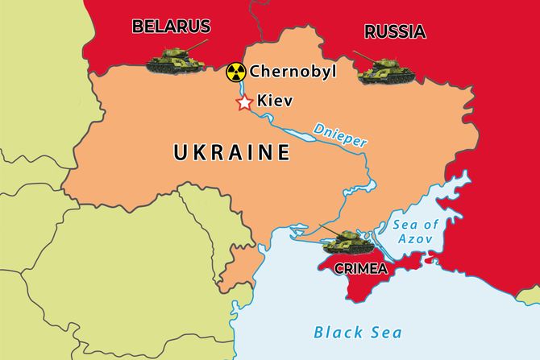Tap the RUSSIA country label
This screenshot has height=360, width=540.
395,31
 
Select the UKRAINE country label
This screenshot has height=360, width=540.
231,151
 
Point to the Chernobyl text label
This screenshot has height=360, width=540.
293,72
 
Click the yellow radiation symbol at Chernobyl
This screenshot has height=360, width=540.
235,72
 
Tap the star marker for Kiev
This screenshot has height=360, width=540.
243,103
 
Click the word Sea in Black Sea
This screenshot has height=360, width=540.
384,331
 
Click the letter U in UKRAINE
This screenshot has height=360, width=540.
179,151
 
